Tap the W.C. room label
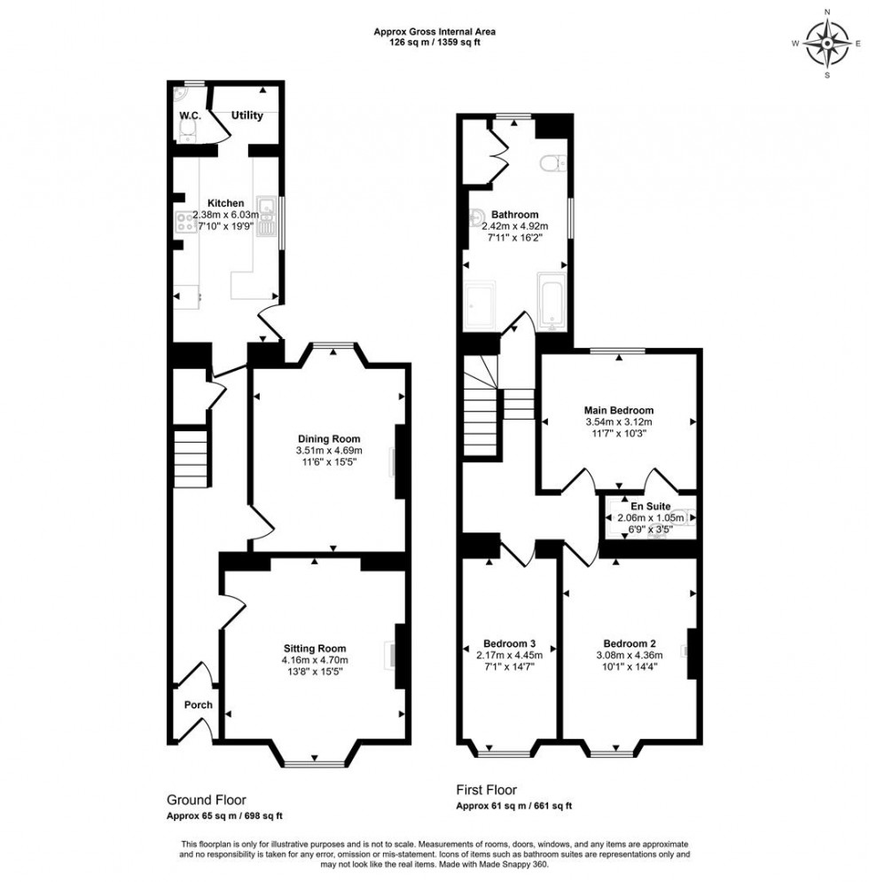point(189,116)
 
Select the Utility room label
point(247,116)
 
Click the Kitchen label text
point(226,203)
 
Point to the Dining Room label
point(328,439)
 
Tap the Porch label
point(198,705)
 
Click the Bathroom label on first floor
point(516,215)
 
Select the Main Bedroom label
point(618,410)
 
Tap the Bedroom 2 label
point(630,643)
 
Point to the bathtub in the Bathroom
point(550,302)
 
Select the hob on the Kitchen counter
point(186,224)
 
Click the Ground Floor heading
point(207,799)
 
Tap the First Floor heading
point(486,790)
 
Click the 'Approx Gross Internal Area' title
point(434,31)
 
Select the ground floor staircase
point(192,458)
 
